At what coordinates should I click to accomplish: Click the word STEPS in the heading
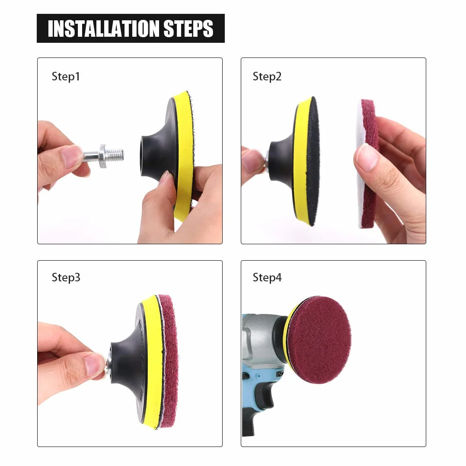188,29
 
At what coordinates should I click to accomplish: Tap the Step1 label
66,77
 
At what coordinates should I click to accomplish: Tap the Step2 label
267,77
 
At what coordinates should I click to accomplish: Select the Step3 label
66,278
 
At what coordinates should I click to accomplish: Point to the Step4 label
267,278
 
